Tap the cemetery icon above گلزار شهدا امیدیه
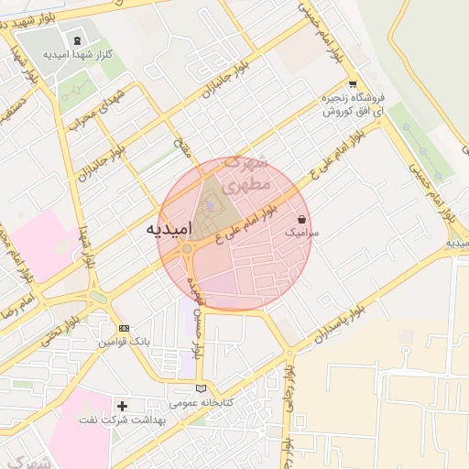78,40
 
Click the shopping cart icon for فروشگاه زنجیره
353,84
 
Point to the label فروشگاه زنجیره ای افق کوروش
352,104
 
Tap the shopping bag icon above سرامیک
302,220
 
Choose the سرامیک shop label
302,234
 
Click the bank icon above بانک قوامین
124,328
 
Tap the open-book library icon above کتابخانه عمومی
213,388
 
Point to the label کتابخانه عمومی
202,403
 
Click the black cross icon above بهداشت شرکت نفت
123,405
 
